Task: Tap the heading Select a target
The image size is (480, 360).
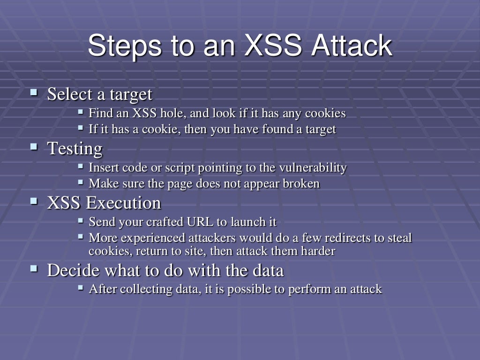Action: point(100,94)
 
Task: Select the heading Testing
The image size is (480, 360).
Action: point(75,149)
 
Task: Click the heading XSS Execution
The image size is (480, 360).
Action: point(104,203)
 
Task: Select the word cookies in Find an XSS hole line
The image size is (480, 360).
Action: point(325,113)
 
